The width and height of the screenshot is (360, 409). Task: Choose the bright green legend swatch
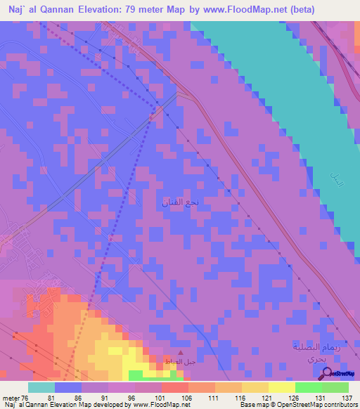308,387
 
